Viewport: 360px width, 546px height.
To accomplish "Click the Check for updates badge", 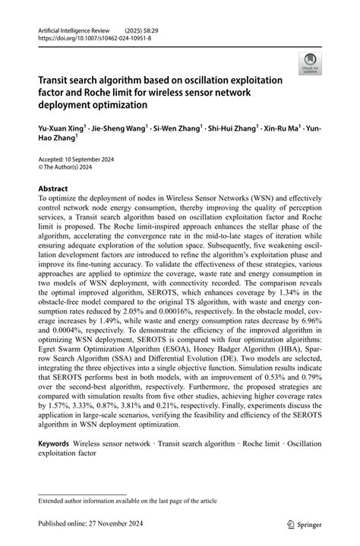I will tap(310, 63).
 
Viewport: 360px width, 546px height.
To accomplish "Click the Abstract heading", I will tap(52, 188).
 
